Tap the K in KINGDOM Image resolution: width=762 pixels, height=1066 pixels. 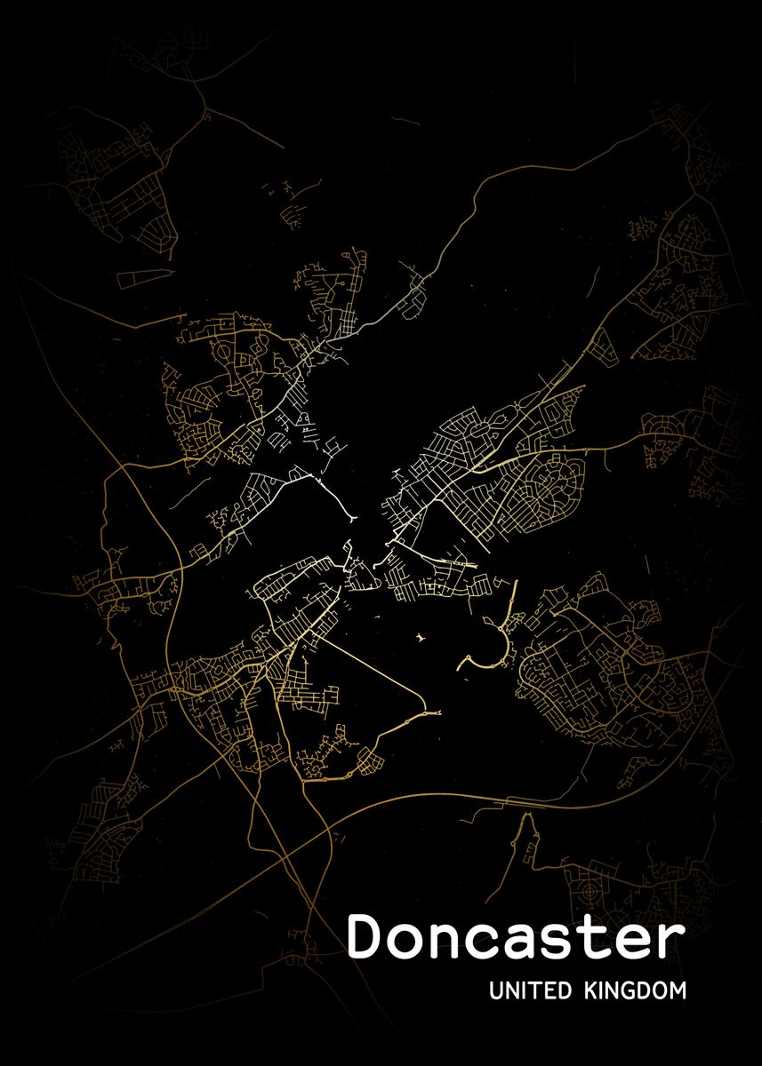(591, 990)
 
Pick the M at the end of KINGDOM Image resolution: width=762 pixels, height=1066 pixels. (678, 990)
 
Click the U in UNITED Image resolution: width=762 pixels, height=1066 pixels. (495, 990)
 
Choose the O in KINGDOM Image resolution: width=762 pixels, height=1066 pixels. (662, 990)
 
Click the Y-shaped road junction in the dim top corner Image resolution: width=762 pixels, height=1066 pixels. (206, 113)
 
